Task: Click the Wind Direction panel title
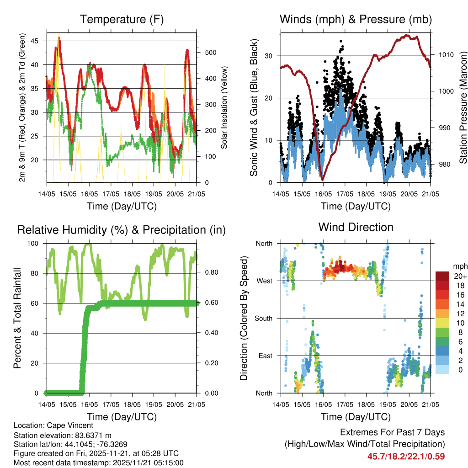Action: pyautogui.click(x=356, y=227)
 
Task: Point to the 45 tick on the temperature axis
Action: pyautogui.click(x=40, y=41)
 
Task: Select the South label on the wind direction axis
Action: pyautogui.click(x=264, y=318)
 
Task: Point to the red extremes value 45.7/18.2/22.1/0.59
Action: pyautogui.click(x=406, y=456)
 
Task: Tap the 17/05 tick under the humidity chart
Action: pyautogui.click(x=111, y=405)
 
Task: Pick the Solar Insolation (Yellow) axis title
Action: pyautogui.click(x=224, y=108)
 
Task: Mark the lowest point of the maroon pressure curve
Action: pyautogui.click(x=322, y=180)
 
